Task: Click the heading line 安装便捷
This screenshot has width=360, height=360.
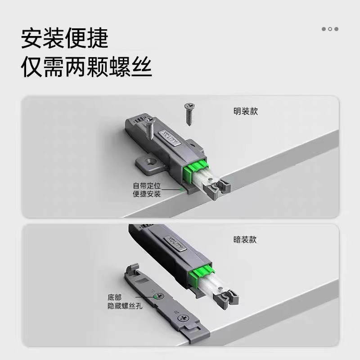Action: point(65,38)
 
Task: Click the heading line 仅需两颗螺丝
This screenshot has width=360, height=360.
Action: point(86,67)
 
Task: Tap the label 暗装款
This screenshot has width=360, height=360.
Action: point(246,240)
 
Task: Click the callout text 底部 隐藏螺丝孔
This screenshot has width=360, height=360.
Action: point(121,301)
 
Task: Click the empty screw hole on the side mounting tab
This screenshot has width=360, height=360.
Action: point(148,161)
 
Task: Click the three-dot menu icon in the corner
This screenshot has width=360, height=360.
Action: point(330,29)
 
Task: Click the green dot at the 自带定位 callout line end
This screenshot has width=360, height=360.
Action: point(182,190)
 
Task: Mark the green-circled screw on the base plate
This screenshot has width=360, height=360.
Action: point(156,297)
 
